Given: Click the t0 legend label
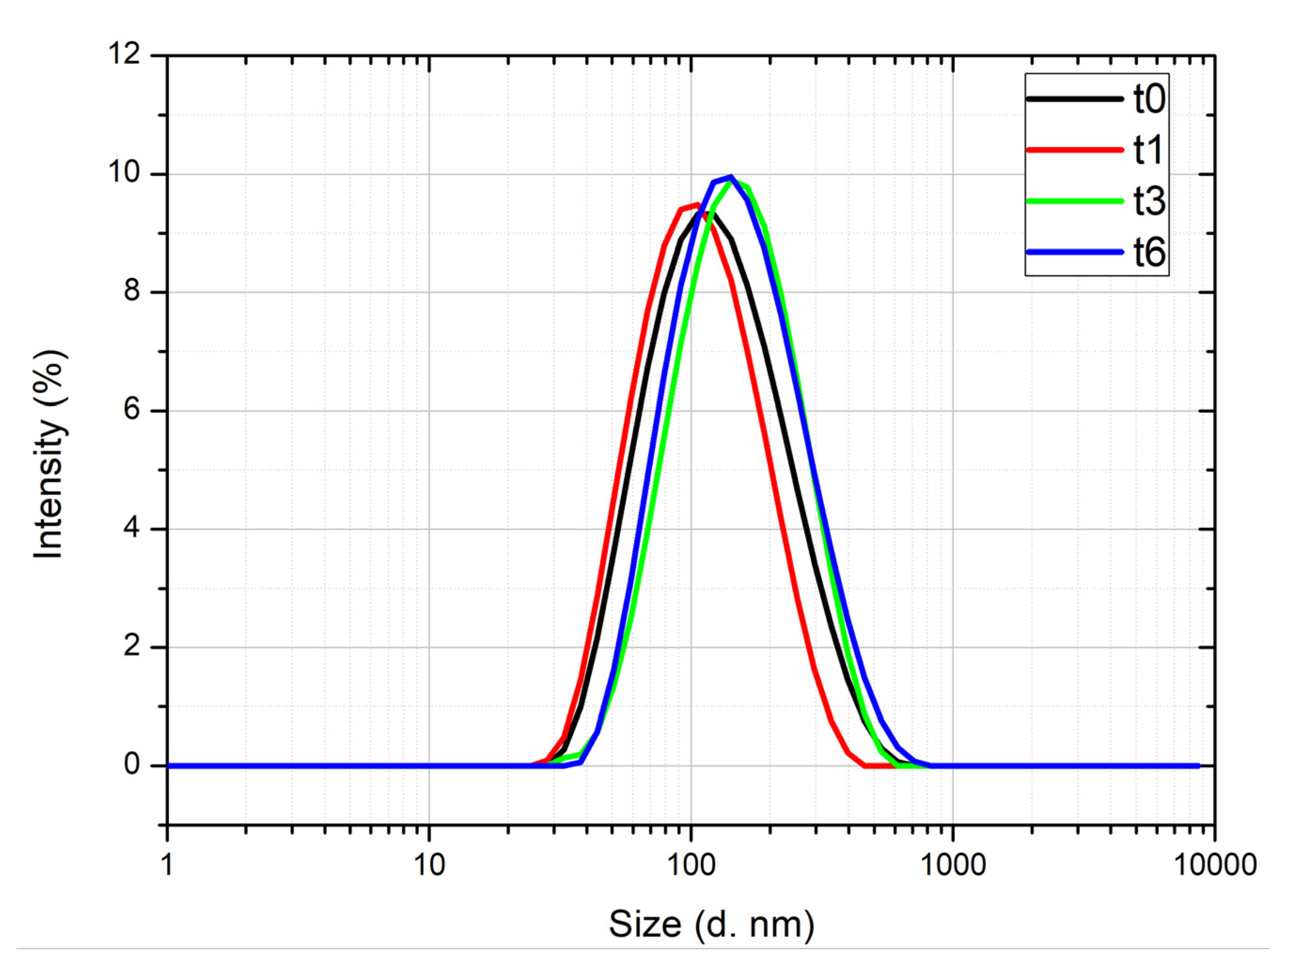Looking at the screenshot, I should pyautogui.click(x=1149, y=99).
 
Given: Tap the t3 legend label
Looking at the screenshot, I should pyautogui.click(x=1149, y=201).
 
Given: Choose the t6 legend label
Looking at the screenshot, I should pyautogui.click(x=1149, y=253).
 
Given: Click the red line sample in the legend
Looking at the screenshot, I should pyautogui.click(x=1075, y=150).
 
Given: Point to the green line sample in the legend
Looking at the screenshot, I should pyautogui.click(x=1075, y=201).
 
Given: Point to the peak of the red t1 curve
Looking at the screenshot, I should pyautogui.click(x=697, y=204).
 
